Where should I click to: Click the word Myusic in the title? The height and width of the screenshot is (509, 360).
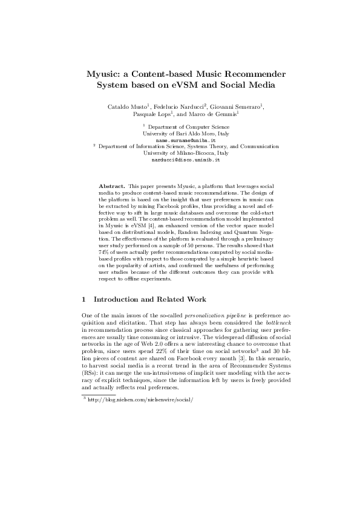click(x=104, y=74)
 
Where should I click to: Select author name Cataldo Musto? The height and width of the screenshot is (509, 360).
click(x=123, y=106)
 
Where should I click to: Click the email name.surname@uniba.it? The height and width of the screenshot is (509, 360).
click(x=180, y=140)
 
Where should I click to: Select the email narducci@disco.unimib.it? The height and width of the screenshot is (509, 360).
click(x=180, y=160)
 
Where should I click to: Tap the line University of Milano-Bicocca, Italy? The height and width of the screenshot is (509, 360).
click(x=180, y=153)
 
